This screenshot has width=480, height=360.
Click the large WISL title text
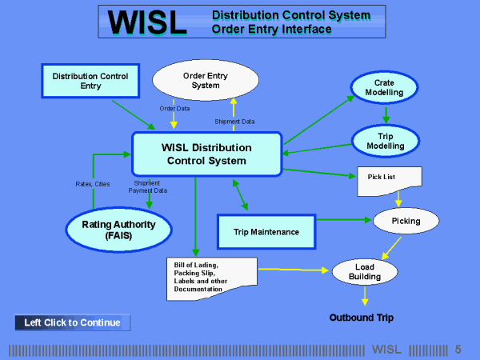click(x=146, y=22)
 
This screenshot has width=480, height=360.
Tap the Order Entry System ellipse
click(x=206, y=81)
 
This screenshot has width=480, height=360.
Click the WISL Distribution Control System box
click(x=206, y=154)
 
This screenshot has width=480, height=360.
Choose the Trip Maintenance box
click(x=267, y=231)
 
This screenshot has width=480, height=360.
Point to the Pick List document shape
click(x=387, y=179)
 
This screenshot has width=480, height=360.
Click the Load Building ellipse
click(x=365, y=272)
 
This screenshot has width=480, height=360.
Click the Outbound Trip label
click(x=362, y=318)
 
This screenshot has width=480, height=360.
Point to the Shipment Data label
click(x=234, y=122)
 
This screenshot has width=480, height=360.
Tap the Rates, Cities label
click(x=91, y=185)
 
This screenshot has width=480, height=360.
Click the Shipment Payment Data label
click(x=148, y=186)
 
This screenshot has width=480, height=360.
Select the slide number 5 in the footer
click(x=458, y=350)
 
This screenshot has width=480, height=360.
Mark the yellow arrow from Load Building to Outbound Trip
click(x=365, y=296)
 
